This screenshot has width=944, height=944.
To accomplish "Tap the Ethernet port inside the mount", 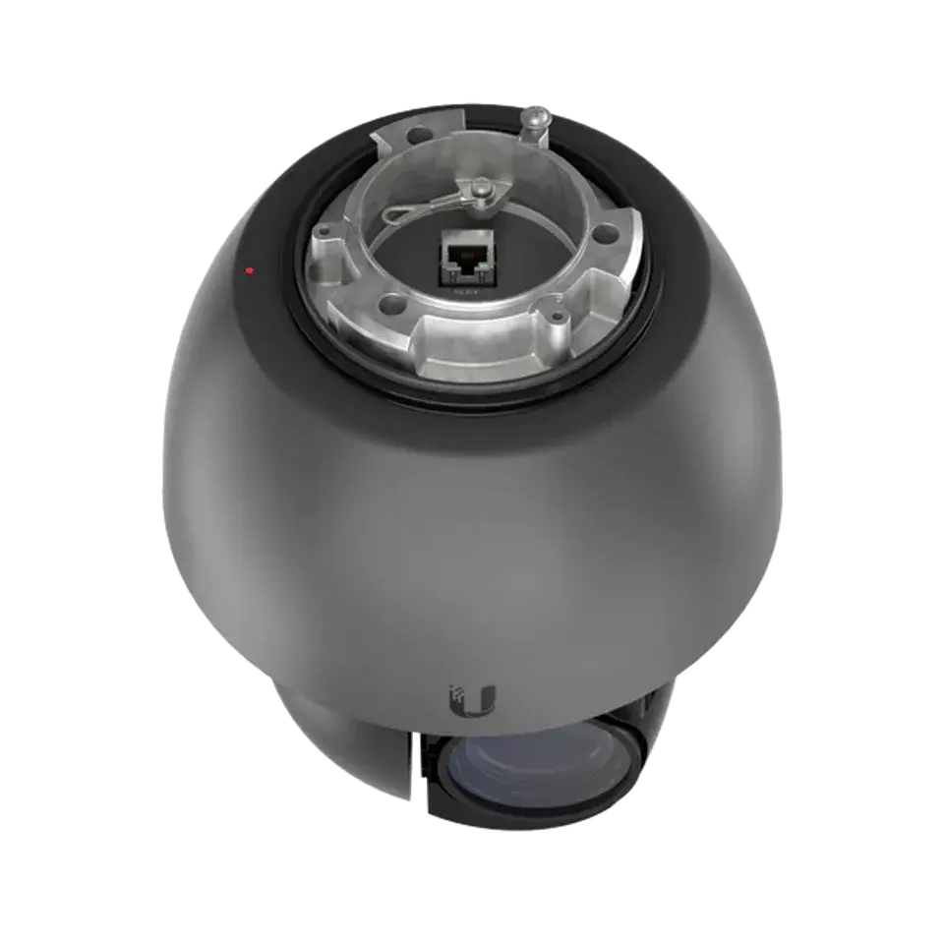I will point(461,259).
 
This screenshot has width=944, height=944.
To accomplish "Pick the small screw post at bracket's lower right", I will point(559,317).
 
